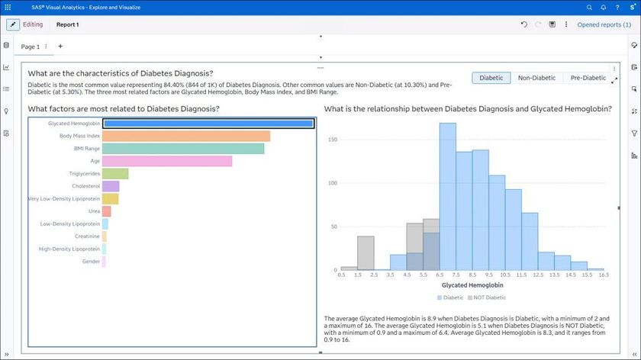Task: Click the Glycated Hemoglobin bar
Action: point(208,124)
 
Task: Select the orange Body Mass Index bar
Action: point(186,136)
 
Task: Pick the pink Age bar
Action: point(167,161)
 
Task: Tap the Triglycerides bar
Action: point(115,174)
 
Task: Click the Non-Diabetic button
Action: point(536,78)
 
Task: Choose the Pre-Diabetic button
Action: point(588,78)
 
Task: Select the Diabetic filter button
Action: point(491,78)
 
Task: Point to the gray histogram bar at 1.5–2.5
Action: point(366,252)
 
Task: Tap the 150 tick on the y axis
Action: point(332,140)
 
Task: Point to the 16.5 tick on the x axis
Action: point(604,275)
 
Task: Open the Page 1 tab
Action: point(31,47)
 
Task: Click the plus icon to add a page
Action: point(60,47)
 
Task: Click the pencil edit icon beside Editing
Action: point(13,24)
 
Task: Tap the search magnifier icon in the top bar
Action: point(589,7)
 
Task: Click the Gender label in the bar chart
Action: point(91,262)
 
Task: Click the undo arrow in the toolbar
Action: point(524,24)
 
